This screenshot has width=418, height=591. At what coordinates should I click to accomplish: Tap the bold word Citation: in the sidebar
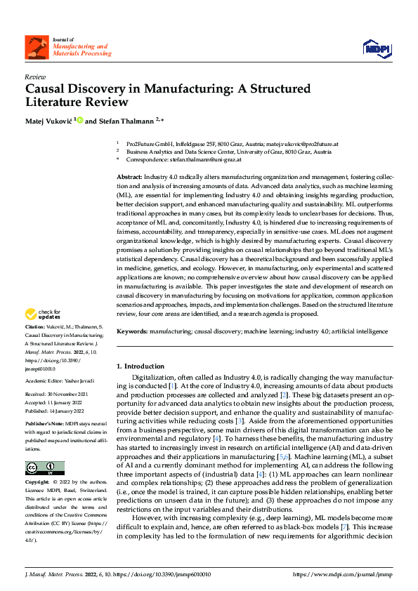pyautogui.click(x=37, y=327)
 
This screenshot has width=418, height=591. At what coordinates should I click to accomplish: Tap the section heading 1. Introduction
pyautogui.click(x=141, y=366)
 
